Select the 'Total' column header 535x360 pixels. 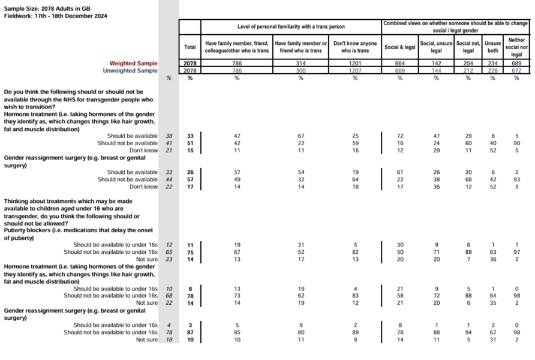click(190, 47)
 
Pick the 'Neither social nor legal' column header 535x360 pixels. click(516, 47)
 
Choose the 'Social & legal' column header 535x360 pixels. click(400, 47)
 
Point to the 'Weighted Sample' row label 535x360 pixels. click(133, 64)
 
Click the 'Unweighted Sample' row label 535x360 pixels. click(130, 70)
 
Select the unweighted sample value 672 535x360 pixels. click(516, 70)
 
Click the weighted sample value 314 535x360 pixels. click(300, 64)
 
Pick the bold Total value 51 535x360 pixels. click(190, 143)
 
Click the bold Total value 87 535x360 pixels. click(190, 332)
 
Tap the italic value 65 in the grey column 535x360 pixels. click(169, 252)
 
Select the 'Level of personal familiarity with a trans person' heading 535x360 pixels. click(291, 27)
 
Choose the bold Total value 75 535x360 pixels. click(190, 252)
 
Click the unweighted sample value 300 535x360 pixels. click(300, 70)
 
